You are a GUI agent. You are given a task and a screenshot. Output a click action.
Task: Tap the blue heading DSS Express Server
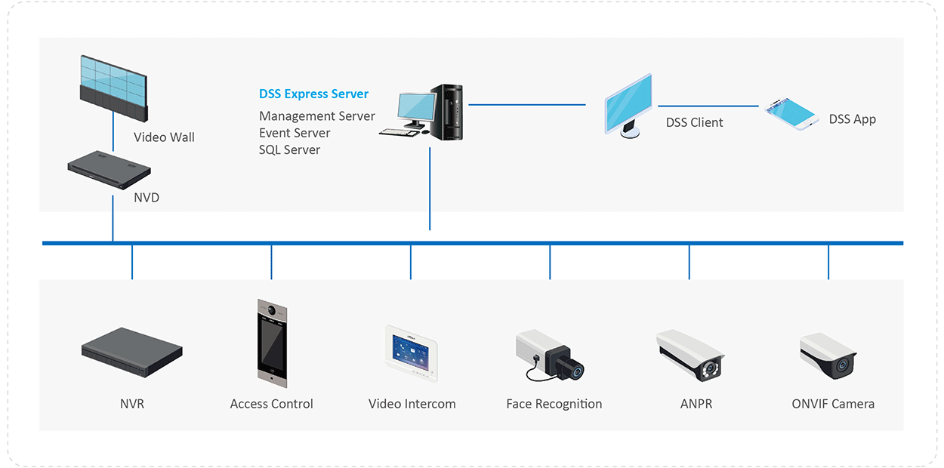313,94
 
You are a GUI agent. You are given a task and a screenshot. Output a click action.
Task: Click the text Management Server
316,116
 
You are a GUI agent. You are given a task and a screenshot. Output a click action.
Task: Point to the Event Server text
295,133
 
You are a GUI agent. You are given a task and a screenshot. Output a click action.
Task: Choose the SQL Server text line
289,149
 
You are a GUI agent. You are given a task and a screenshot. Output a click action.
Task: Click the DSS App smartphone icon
791,113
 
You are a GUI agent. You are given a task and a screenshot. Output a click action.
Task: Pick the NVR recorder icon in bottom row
132,352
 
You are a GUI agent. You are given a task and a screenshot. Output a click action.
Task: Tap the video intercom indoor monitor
412,348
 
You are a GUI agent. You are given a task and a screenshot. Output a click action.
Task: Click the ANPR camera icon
689,353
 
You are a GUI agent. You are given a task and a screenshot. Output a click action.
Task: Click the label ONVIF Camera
833,404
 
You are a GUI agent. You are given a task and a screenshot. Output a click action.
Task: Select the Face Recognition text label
554,404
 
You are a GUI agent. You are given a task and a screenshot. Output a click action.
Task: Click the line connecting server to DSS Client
527,105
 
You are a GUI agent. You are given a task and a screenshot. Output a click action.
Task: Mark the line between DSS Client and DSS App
708,106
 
